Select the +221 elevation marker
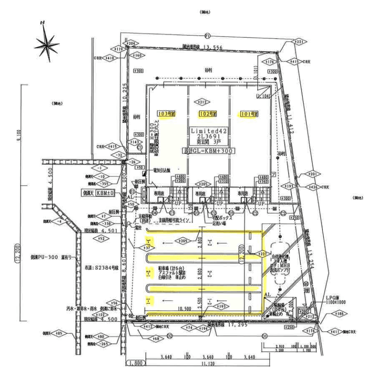click(299, 42)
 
